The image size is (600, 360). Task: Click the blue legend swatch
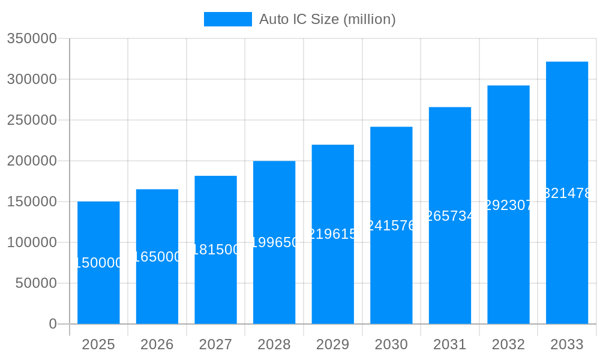pos(227,19)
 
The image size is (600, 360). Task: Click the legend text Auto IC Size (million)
pos(327,19)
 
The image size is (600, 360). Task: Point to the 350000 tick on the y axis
pos(31,38)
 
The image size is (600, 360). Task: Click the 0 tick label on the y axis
pos(52,324)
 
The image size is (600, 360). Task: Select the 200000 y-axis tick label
pos(31,161)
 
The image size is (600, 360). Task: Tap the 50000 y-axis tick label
pos(35,283)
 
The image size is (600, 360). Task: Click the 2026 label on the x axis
pos(157,344)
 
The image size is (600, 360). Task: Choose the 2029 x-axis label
pos(332,344)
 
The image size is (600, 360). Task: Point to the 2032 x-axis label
pos(508,344)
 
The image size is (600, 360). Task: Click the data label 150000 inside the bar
pos(98,263)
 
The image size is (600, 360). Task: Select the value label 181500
pos(215,250)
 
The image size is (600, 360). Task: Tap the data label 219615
pos(332,234)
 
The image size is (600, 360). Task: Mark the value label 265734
pos(449,216)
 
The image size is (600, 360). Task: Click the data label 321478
pos(566,193)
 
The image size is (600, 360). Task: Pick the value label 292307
pos(508,205)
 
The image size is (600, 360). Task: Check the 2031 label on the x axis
pos(449,344)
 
